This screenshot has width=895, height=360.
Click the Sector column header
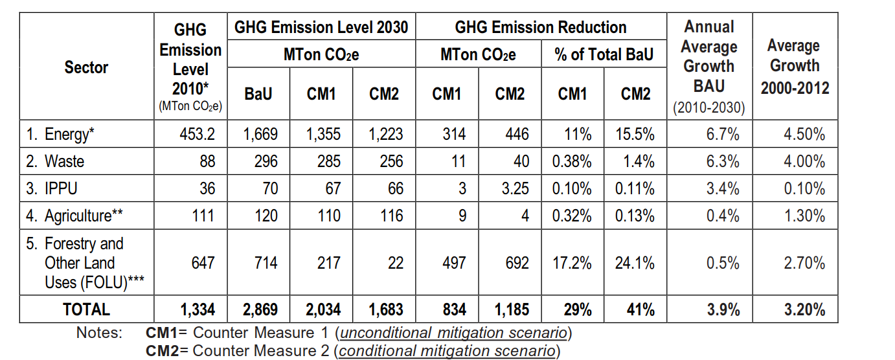point(86,67)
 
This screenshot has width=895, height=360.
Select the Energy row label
point(60,134)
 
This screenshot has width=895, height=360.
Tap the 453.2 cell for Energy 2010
point(197,134)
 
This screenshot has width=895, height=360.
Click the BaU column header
point(258,94)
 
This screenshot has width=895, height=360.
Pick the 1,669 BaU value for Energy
point(260,134)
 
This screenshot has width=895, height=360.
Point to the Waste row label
point(55,161)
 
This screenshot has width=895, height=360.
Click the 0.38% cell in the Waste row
point(572,161)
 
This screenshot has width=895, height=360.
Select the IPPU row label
point(52,188)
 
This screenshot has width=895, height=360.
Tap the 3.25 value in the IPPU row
point(515,188)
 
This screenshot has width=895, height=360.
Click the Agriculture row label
point(74,216)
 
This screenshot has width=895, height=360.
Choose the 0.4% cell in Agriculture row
point(722,216)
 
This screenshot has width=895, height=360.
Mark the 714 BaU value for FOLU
point(266,263)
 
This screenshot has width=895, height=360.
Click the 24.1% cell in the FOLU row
point(635,263)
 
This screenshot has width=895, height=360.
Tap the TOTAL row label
point(86,309)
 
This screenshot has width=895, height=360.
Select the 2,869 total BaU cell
point(260,309)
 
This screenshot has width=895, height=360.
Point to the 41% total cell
point(640,309)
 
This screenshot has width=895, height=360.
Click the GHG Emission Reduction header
point(541,28)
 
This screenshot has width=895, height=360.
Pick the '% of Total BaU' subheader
point(604,54)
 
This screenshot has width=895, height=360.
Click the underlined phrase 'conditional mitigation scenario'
point(447,351)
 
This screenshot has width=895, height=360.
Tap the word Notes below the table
point(100,332)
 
